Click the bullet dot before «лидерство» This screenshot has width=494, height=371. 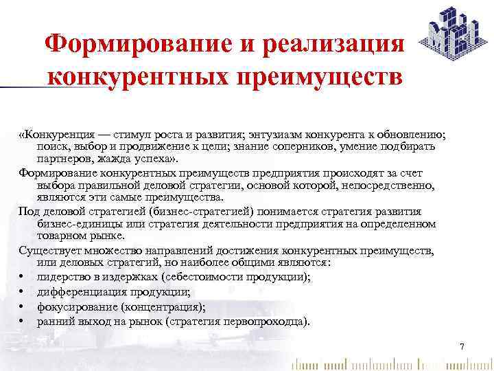point(23,277)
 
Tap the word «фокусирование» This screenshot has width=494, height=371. point(71,306)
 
